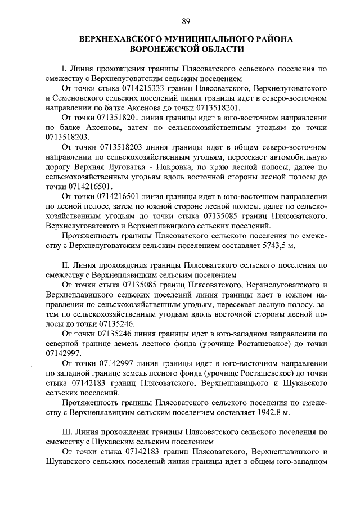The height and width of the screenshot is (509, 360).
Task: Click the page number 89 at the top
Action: (x=185, y=22)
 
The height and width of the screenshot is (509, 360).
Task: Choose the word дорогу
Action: (x=58, y=167)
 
